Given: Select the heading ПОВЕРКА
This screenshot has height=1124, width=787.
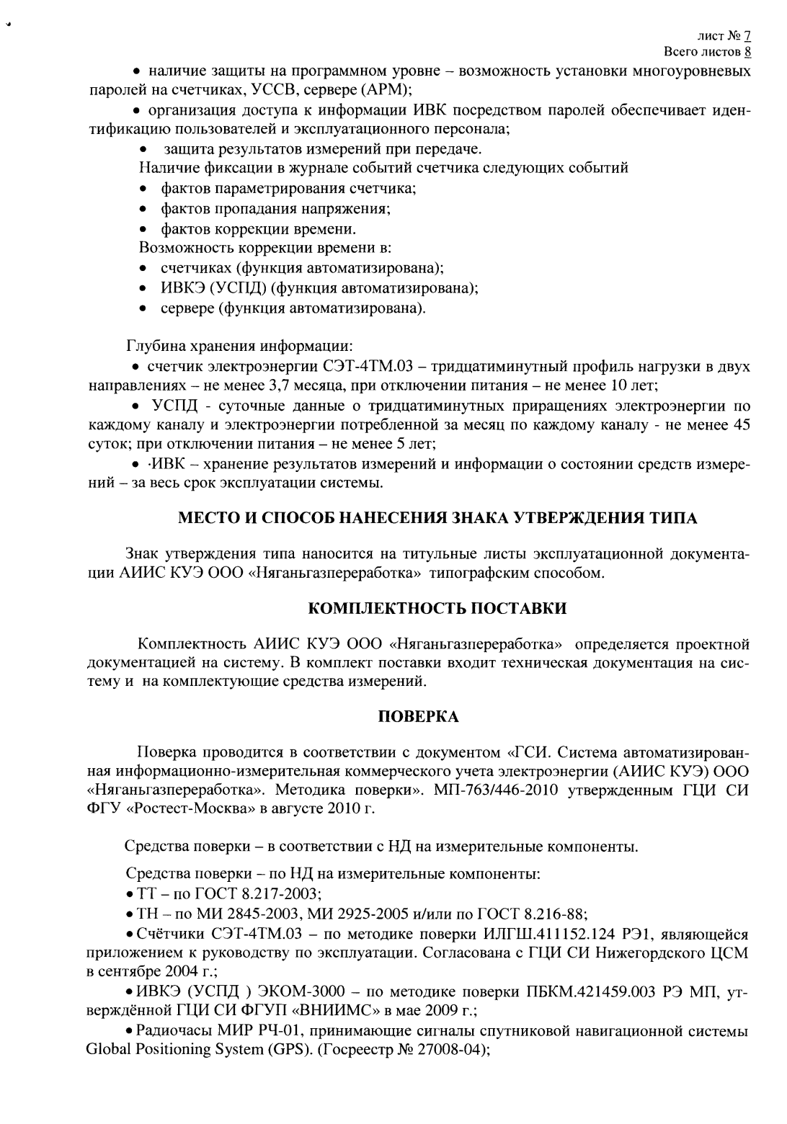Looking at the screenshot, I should tap(418, 717).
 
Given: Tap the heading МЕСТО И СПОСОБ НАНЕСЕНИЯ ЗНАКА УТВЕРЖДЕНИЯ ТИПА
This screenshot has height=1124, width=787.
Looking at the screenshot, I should tap(437, 518).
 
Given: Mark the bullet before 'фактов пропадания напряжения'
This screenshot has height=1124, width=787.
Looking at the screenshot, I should tap(145, 210).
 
